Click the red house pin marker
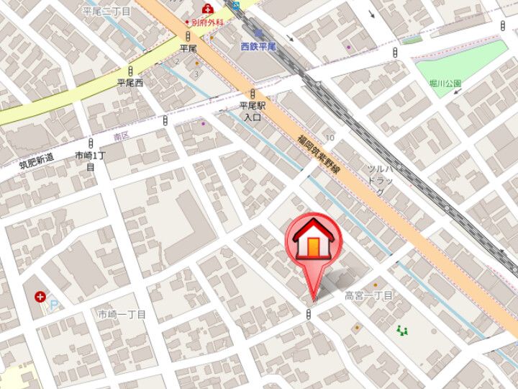click(313, 241)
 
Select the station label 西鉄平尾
click(258, 46)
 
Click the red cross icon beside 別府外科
click(208, 9)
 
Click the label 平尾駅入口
click(253, 110)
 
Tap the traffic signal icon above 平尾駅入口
click(253, 93)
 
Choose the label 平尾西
click(130, 83)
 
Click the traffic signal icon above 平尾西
click(130, 70)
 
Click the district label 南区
click(122, 135)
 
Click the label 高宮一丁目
click(368, 295)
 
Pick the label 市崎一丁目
click(122, 315)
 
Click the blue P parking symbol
click(53, 306)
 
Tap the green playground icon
click(401, 331)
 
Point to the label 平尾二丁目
click(106, 12)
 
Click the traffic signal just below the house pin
click(309, 313)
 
